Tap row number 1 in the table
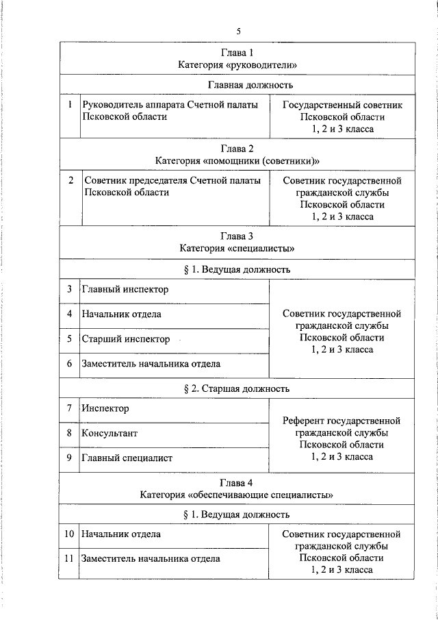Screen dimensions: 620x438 70,105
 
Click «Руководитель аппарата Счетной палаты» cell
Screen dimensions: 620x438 170,105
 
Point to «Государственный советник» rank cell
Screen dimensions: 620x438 342,105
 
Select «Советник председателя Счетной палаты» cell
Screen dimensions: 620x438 172,181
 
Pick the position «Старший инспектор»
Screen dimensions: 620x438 126,339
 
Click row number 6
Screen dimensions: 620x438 70,364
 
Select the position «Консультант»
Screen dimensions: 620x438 109,434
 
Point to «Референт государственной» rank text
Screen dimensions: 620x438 342,421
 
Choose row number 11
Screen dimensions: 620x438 70,558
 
